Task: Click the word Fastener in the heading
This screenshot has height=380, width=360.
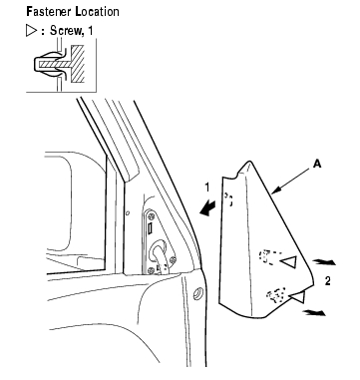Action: pos(49,12)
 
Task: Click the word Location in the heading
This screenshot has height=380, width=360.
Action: pos(97,12)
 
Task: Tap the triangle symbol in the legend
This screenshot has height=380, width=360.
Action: pos(31,31)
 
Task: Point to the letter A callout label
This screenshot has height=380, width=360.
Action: pos(317,164)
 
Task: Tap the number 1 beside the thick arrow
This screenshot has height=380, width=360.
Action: pos(207,188)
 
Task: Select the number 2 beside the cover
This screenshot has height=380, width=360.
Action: pos(328,281)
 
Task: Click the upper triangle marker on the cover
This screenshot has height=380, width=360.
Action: pos(289,261)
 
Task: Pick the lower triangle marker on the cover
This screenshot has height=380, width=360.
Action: pos(297,296)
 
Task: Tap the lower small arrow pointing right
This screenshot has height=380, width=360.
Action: pos(314,312)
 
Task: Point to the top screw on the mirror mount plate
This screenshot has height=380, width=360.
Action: pos(153,215)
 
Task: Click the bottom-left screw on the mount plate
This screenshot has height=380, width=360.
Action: pos(151,270)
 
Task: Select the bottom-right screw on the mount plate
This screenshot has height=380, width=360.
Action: pos(173,260)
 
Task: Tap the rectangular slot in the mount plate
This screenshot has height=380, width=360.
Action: pos(150,228)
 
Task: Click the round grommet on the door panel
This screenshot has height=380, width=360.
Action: pos(198,293)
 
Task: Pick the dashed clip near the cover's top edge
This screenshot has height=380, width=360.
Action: pos(228,198)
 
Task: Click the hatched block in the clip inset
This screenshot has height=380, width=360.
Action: pos(78,64)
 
